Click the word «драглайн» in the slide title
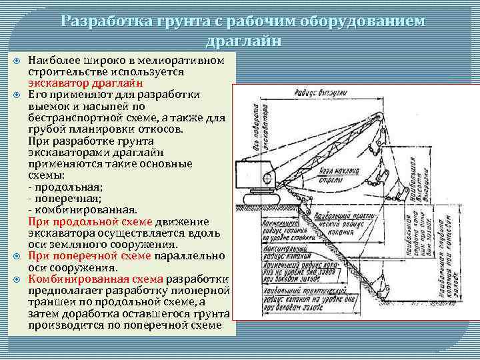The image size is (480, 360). coord(243,41)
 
